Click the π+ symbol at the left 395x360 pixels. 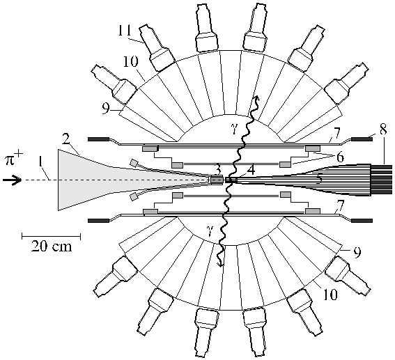pos(14,160)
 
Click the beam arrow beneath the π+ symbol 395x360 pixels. pos(12,180)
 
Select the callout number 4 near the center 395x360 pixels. pos(250,171)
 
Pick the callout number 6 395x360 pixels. pos(340,157)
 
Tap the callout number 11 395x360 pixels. pos(125,31)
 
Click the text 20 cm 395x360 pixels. pos(52,246)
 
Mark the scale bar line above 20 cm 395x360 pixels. pos(51,236)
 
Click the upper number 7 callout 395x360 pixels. pos(336,132)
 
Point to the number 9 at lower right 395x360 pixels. pos(357,251)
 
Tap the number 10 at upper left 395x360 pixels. pos(130,62)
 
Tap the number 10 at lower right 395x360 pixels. pos(330,295)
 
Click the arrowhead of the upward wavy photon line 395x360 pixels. pos(256,97)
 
